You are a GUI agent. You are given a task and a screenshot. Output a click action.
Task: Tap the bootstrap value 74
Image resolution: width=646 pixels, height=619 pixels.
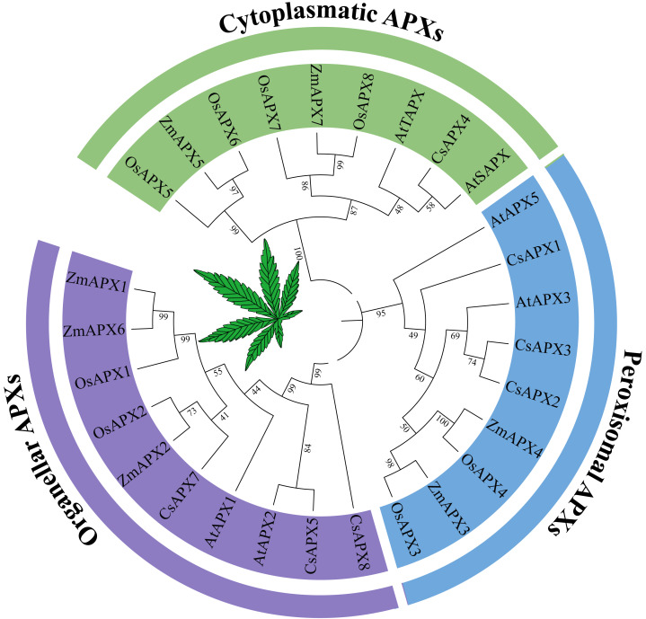click(472, 360)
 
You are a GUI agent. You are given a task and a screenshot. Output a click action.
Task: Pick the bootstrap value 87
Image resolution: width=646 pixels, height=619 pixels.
click(352, 210)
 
